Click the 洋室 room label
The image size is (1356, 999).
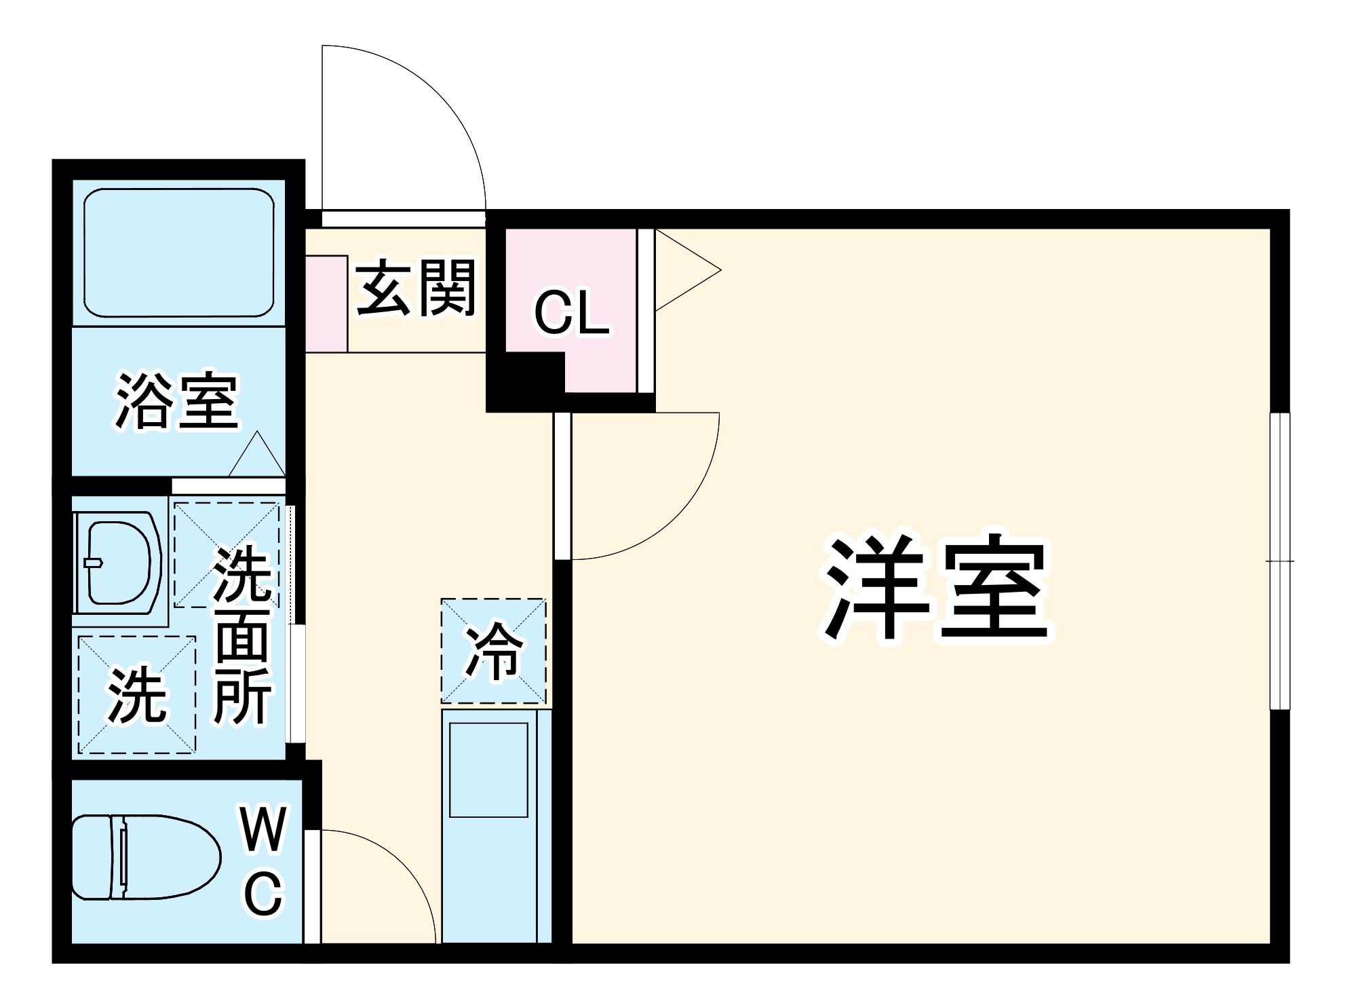click(x=936, y=588)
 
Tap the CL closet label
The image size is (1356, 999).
click(x=571, y=313)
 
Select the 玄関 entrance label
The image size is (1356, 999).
click(x=416, y=288)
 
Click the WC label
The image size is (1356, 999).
click(x=263, y=860)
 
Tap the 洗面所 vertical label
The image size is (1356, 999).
click(x=243, y=635)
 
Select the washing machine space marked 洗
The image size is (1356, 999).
click(x=137, y=694)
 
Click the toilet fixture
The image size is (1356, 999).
click(x=146, y=857)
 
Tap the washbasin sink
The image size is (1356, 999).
click(x=118, y=563)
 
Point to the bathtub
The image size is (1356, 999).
click(x=178, y=252)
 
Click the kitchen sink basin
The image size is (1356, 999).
click(x=488, y=770)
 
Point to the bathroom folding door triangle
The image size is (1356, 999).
click(x=257, y=456)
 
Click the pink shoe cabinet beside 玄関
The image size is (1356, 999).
click(x=326, y=304)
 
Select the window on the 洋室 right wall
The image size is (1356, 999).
click(x=1279, y=561)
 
